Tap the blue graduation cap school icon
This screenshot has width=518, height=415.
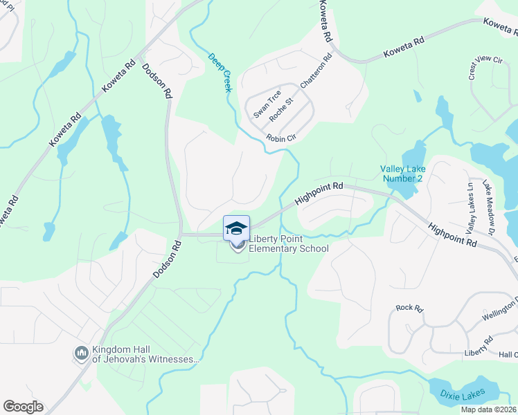[236, 228]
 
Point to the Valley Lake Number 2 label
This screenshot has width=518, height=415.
[402, 174]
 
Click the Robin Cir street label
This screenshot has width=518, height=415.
[281, 138]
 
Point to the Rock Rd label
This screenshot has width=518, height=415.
[409, 308]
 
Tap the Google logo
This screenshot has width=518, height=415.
[23, 407]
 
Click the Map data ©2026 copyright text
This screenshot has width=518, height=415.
[489, 409]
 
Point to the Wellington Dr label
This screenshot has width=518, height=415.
[501, 310]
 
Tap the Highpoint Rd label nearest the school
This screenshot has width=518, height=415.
[319, 193]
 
